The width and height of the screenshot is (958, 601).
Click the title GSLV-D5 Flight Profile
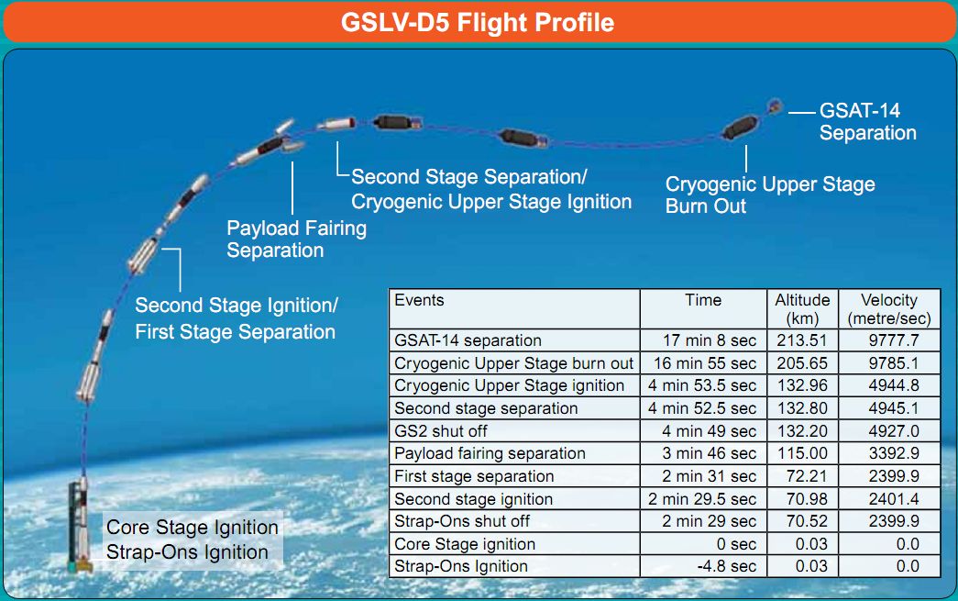(478, 23)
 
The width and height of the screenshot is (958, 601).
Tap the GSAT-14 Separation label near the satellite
(867, 122)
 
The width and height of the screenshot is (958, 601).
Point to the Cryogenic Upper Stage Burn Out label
(770, 195)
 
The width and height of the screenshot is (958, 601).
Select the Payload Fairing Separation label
(296, 239)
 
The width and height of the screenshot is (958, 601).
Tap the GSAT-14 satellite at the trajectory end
(775, 106)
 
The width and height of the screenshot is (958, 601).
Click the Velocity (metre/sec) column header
(889, 309)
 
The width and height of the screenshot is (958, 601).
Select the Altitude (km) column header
(802, 309)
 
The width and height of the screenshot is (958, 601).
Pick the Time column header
(702, 300)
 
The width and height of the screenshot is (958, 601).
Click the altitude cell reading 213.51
(802, 340)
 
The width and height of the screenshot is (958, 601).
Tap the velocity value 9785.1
(893, 363)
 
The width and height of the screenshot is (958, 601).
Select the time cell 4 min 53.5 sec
(702, 385)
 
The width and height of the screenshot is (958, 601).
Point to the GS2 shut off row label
(441, 431)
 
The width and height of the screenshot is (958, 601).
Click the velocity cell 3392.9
(893, 453)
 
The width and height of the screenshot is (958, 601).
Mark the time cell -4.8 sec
(726, 567)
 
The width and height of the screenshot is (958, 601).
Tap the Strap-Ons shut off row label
(462, 521)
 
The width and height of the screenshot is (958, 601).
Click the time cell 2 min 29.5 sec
(702, 499)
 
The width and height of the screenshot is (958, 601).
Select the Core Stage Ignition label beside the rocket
(192, 527)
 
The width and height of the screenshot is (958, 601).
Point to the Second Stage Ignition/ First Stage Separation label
(236, 317)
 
